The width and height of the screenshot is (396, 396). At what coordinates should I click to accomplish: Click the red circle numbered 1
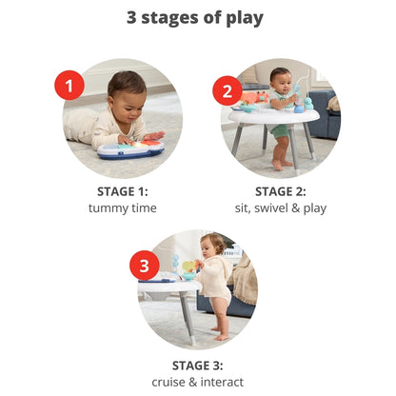pos(69,86)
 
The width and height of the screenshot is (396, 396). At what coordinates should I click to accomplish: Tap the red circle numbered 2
pos(228,91)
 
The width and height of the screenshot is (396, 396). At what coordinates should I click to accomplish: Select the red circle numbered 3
pos(145,266)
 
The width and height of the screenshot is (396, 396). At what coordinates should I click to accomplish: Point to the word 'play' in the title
pos(245,19)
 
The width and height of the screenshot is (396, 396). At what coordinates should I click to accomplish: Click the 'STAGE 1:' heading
pos(123,191)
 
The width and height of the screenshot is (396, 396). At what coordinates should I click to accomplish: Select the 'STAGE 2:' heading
pos(281,191)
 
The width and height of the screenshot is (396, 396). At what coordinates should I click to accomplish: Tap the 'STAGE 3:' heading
pos(197,366)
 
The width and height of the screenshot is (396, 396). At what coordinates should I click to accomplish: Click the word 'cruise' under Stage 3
pos(168,382)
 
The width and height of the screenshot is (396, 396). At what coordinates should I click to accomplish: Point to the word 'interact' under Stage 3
pos(222,382)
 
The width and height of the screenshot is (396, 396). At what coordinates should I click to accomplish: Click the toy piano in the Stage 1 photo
pos(131,149)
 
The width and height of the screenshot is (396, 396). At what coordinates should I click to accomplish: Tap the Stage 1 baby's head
pos(127,92)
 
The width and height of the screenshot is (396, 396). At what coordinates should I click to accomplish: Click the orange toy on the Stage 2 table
pos(255,97)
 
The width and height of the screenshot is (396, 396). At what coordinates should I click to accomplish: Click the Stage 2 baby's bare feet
pos(282,165)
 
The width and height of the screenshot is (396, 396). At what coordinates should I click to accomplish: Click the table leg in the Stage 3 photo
pos(188,318)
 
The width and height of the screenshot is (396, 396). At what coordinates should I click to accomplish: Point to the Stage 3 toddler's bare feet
pos(220,334)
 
